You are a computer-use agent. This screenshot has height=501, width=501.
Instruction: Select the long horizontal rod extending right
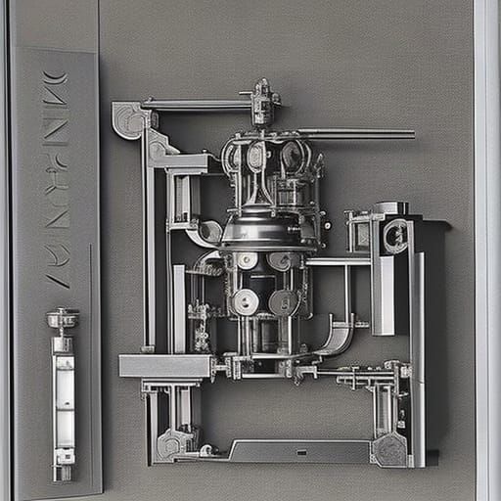tap(357, 134)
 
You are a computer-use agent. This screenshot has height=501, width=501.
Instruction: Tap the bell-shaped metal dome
tap(268, 230)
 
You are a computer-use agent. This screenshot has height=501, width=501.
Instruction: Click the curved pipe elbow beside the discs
tap(338, 338)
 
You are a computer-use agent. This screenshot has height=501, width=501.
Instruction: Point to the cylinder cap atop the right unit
tap(391, 207)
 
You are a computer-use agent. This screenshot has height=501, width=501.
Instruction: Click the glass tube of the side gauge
tap(63, 401)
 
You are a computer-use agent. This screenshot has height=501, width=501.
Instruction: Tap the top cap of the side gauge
tap(61, 319)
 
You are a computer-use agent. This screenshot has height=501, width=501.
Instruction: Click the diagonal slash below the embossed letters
tap(58, 278)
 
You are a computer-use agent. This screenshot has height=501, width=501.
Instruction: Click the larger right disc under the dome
tap(284, 301)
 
